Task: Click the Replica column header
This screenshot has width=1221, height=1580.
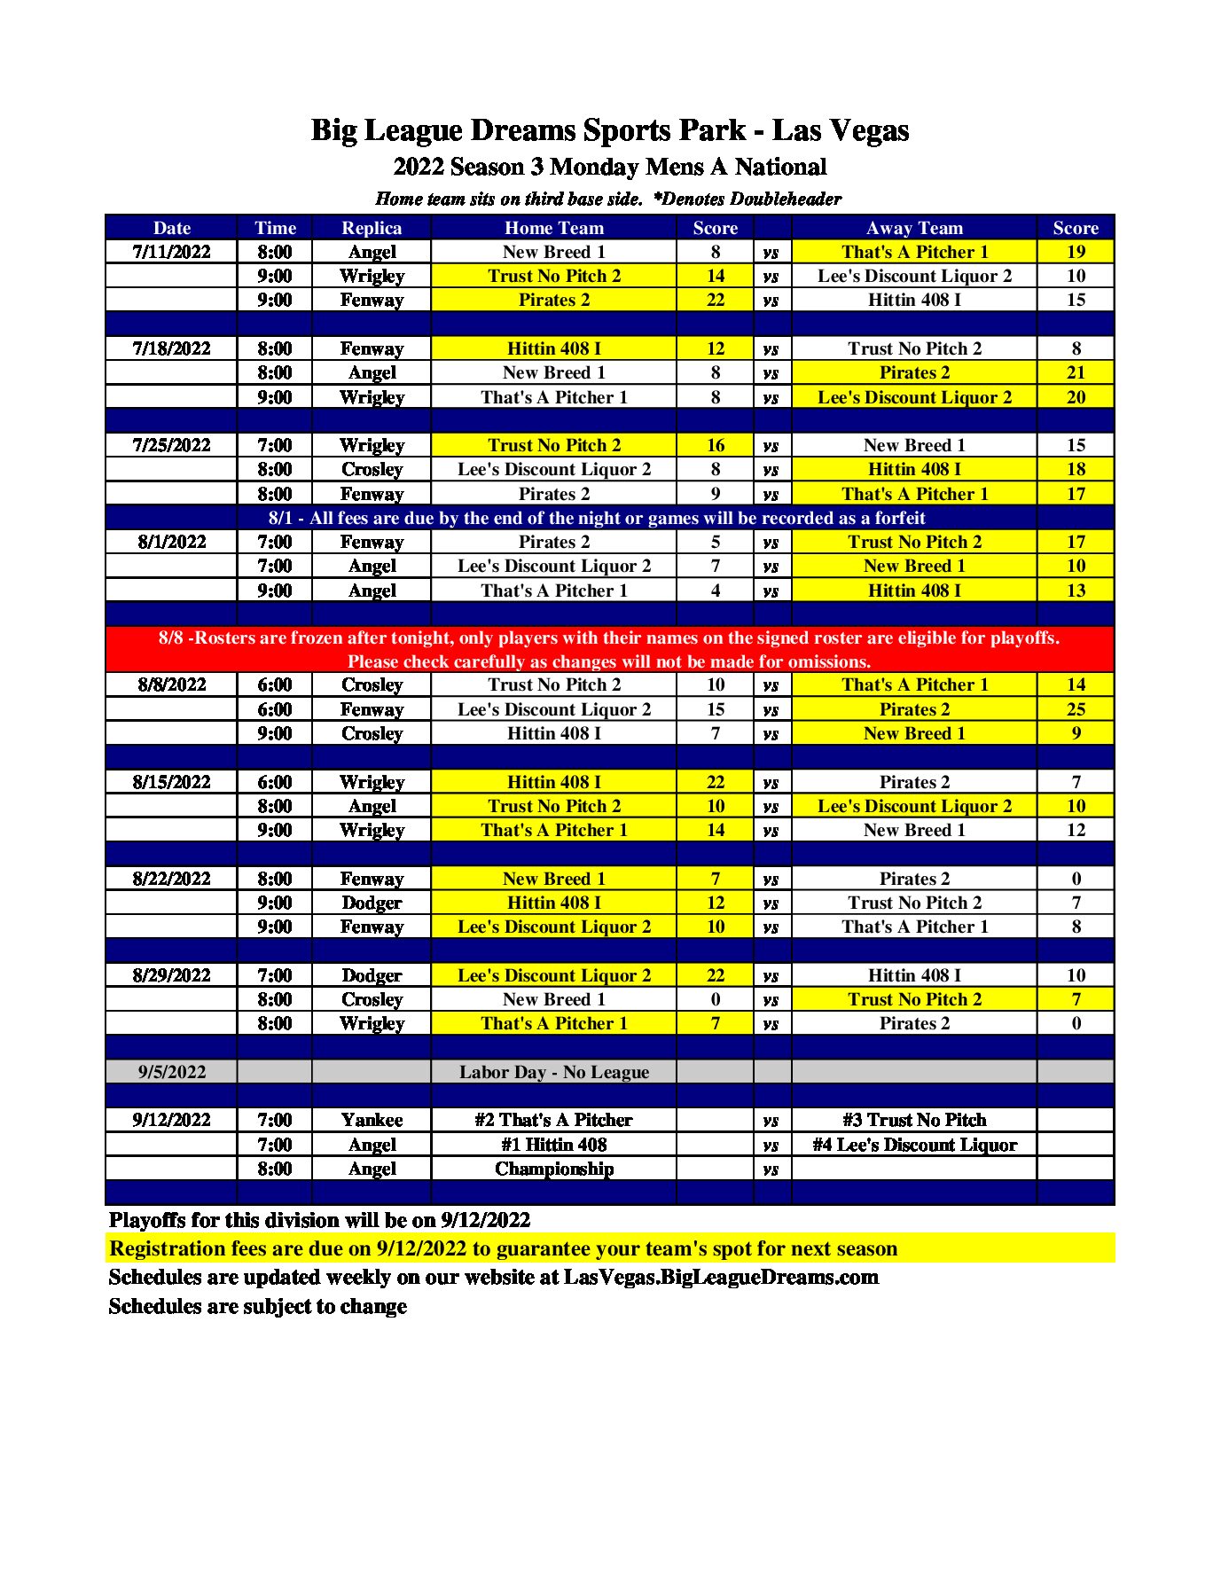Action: point(372,228)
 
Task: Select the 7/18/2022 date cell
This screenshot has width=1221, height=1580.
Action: point(171,348)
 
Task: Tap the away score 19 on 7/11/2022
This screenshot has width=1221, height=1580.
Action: point(1076,252)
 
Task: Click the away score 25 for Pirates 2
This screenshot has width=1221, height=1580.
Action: point(1076,709)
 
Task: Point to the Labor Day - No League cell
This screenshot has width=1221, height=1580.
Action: point(553,1072)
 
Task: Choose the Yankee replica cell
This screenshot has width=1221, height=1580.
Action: point(372,1120)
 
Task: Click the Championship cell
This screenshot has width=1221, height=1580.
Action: point(553,1169)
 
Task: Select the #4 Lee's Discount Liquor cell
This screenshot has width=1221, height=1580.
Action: point(914,1145)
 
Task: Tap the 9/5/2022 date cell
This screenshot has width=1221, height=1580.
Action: point(171,1072)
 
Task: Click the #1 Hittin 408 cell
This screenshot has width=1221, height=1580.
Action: point(553,1145)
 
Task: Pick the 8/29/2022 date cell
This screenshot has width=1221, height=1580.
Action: point(171,975)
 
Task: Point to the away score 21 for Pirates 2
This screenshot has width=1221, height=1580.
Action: point(1076,372)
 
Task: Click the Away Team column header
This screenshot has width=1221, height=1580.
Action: point(914,228)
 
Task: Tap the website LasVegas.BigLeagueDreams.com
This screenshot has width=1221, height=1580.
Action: point(721,1278)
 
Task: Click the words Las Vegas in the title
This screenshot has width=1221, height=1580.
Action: point(841,130)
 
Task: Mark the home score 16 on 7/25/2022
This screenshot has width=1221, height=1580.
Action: point(716,445)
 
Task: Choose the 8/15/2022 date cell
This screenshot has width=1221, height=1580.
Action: point(171,782)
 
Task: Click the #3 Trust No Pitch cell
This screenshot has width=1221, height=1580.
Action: point(914,1120)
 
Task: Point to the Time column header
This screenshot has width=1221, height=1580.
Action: point(275,228)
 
